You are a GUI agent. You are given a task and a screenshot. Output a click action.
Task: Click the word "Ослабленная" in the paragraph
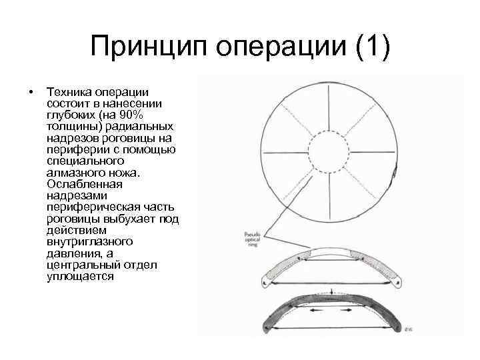[85, 184]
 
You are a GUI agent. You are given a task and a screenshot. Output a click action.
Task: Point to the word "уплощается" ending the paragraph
[81, 276]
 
